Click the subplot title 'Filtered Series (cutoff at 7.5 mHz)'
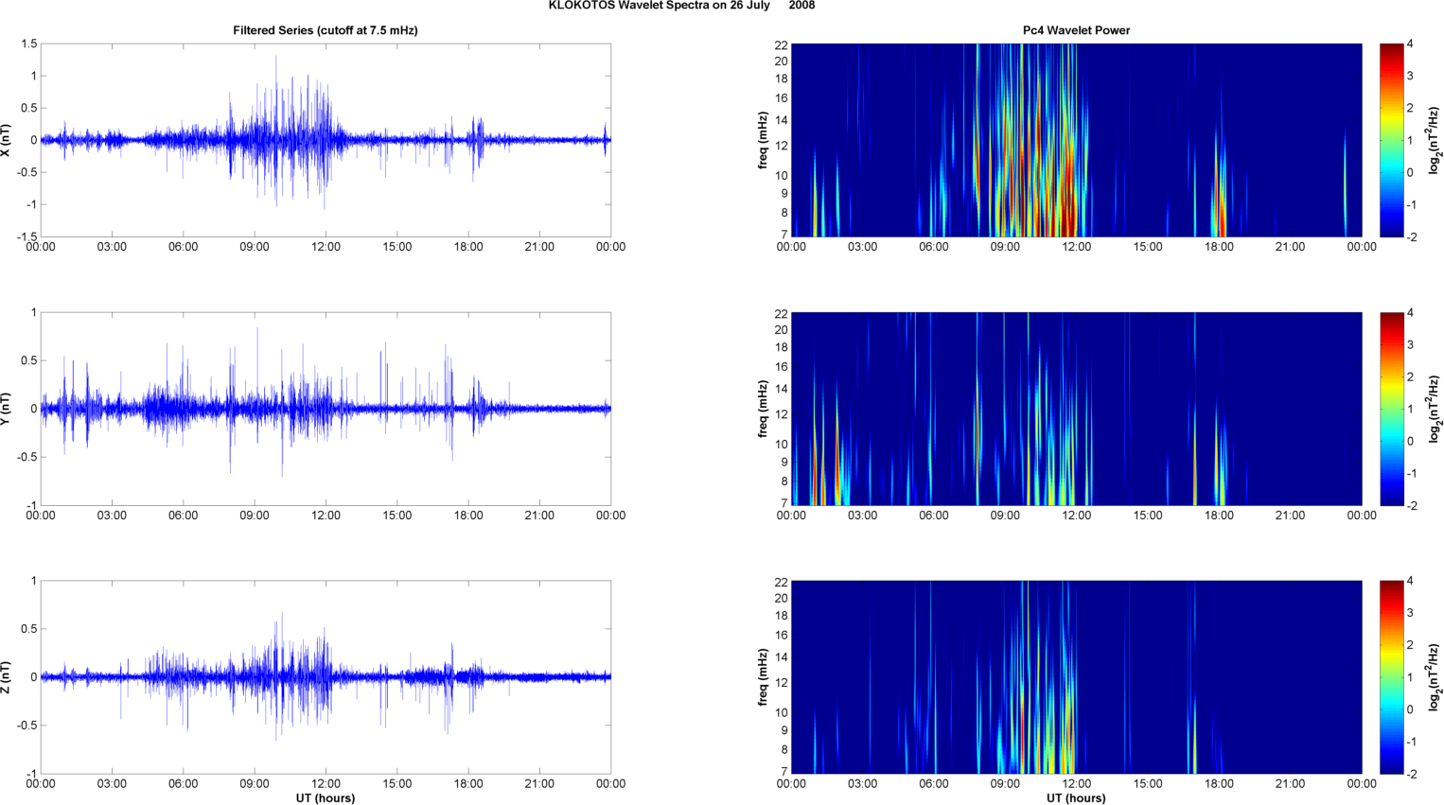[x=325, y=30]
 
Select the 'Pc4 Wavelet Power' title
[x=1076, y=30]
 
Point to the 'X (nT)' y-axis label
[x=7, y=140]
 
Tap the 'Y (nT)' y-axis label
[x=7, y=409]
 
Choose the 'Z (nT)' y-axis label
[x=7, y=677]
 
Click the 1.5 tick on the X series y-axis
[x=28, y=44]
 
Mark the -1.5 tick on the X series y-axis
[x=26, y=236]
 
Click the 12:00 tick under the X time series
[x=326, y=247]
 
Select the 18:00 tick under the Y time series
[x=468, y=516]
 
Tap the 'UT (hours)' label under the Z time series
[x=325, y=797]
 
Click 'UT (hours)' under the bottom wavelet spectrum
[x=1076, y=797]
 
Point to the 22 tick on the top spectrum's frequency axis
[x=782, y=44]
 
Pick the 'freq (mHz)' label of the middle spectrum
[x=762, y=409]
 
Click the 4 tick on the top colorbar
[x=1410, y=44]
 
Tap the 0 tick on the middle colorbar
[x=1410, y=441]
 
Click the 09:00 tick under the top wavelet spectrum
[x=1005, y=247]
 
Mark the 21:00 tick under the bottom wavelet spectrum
[x=1290, y=783]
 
